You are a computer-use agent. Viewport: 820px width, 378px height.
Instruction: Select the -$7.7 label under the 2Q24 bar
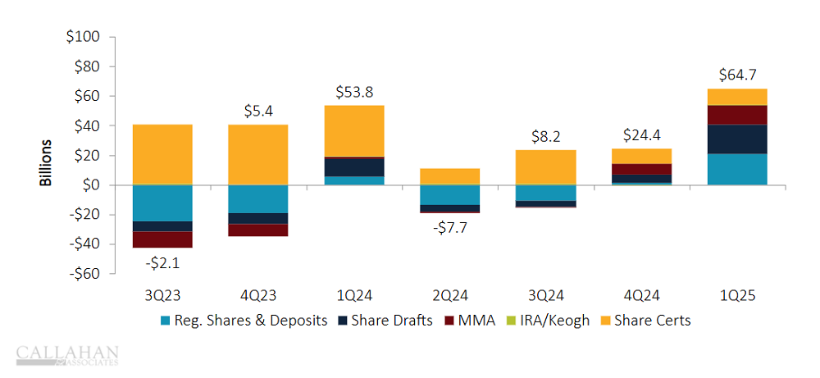(450, 228)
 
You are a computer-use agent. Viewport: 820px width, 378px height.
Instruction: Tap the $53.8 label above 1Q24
(354, 93)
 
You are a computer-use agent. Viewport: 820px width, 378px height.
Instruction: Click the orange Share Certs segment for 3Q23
(162, 154)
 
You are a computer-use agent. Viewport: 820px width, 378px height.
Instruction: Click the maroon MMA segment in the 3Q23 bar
(162, 239)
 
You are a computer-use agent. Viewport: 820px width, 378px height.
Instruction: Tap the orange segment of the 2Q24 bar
(450, 176)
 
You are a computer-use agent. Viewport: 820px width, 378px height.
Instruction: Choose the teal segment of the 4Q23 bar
(258, 199)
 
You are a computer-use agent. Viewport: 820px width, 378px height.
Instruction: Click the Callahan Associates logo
(67, 354)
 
